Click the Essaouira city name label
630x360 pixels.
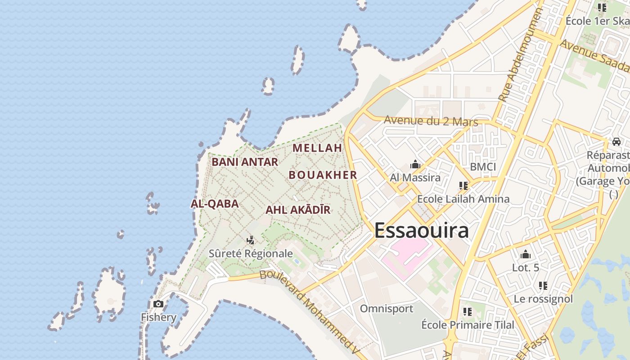pyautogui.click(x=421, y=230)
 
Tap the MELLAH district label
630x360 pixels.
pyautogui.click(x=317, y=148)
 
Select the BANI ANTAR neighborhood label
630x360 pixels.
pyautogui.click(x=244, y=162)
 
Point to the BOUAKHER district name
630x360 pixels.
pyautogui.click(x=323, y=175)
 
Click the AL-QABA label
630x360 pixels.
pyautogui.click(x=215, y=203)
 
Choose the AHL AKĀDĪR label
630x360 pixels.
pyautogui.click(x=298, y=210)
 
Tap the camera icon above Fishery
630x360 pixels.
pyautogui.click(x=158, y=304)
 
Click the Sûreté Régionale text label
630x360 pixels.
pyautogui.click(x=251, y=253)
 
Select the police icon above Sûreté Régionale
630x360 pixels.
pyautogui.click(x=251, y=240)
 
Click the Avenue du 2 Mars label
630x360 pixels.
pyautogui.click(x=431, y=121)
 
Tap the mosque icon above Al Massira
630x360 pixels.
pyautogui.click(x=415, y=165)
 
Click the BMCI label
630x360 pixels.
pyautogui.click(x=483, y=167)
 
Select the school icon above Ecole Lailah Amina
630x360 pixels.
pyautogui.click(x=463, y=185)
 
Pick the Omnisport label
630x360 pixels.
pyautogui.click(x=386, y=309)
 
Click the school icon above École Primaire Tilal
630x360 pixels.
pyautogui.click(x=468, y=311)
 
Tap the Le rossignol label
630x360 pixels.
pyautogui.click(x=543, y=299)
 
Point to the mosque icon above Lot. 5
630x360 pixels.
pyautogui.click(x=525, y=255)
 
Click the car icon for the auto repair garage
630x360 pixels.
pyautogui.click(x=616, y=142)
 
